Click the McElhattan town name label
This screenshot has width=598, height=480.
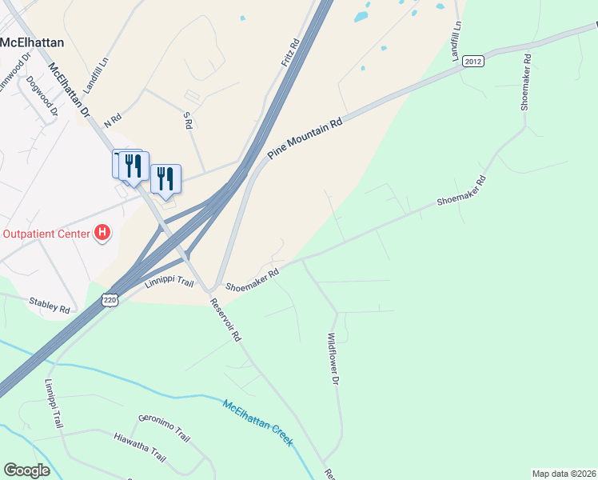click(32, 42)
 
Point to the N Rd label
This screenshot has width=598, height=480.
click(111, 118)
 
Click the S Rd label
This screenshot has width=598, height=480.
click(187, 119)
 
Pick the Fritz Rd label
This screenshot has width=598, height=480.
click(289, 54)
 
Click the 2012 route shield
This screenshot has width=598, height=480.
click(473, 60)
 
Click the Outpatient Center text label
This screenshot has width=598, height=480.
click(45, 234)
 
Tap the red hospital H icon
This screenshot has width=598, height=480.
click(102, 234)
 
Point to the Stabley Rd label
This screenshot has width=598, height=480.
click(50, 305)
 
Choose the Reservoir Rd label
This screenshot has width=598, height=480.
click(225, 320)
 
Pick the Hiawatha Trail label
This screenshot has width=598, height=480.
click(139, 448)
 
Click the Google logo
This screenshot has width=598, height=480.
click(27, 470)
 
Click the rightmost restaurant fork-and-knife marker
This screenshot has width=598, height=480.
click(165, 178)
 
